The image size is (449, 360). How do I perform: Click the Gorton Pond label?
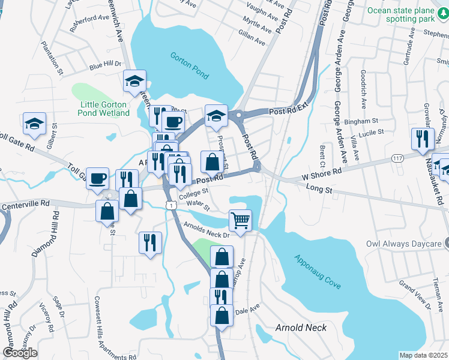(189, 66)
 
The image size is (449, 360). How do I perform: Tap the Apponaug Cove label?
(317, 272)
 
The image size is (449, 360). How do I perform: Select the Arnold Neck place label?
(301, 328)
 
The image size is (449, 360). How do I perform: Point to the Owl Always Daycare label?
(403, 244)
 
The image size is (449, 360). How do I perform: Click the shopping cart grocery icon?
(240, 220)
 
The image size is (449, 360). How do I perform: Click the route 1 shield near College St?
(172, 205)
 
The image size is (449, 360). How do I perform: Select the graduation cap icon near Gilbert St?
(34, 123)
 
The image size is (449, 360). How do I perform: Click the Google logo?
(20, 353)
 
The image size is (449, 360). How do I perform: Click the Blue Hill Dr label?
(105, 64)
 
